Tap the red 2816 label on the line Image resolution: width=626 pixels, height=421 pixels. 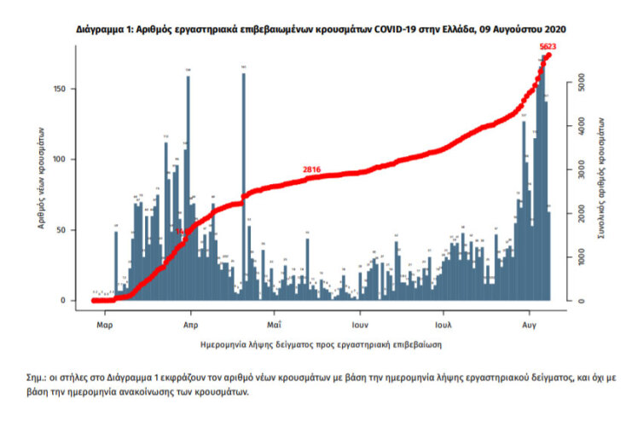(311, 170)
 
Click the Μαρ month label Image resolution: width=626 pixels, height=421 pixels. (105, 325)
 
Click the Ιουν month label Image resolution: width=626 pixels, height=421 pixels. (360, 325)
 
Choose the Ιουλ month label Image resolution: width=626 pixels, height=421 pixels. (443, 325)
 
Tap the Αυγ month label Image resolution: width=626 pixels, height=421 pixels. (530, 325)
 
